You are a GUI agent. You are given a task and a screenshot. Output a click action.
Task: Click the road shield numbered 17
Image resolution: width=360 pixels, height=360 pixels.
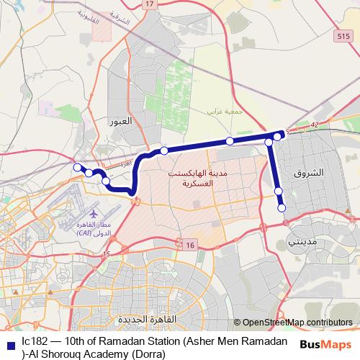pos(149,4)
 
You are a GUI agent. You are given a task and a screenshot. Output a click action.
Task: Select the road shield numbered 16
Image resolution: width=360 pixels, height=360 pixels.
pos(189,246)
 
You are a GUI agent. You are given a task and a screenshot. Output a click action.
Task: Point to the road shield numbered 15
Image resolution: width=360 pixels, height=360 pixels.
pos(107,254)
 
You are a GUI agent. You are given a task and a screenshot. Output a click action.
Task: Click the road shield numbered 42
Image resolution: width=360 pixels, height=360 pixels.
pos(313,125)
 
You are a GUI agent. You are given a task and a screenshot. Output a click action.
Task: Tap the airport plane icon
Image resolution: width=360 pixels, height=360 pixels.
pos(93,214)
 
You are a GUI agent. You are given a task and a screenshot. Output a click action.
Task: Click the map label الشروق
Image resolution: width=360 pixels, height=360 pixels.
pos(310,174)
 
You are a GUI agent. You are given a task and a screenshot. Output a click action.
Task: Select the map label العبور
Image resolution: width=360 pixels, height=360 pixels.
pos(122,120)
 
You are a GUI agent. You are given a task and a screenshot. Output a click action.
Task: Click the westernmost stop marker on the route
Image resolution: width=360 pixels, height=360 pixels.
pos(77,167)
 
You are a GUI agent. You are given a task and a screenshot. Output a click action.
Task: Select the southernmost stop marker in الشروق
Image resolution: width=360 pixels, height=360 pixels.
pos(282,208)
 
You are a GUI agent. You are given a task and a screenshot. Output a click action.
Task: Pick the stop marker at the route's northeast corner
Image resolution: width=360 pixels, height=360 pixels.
pos(278,135)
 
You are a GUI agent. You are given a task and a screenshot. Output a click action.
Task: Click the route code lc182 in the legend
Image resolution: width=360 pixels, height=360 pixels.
pos(34,341)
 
